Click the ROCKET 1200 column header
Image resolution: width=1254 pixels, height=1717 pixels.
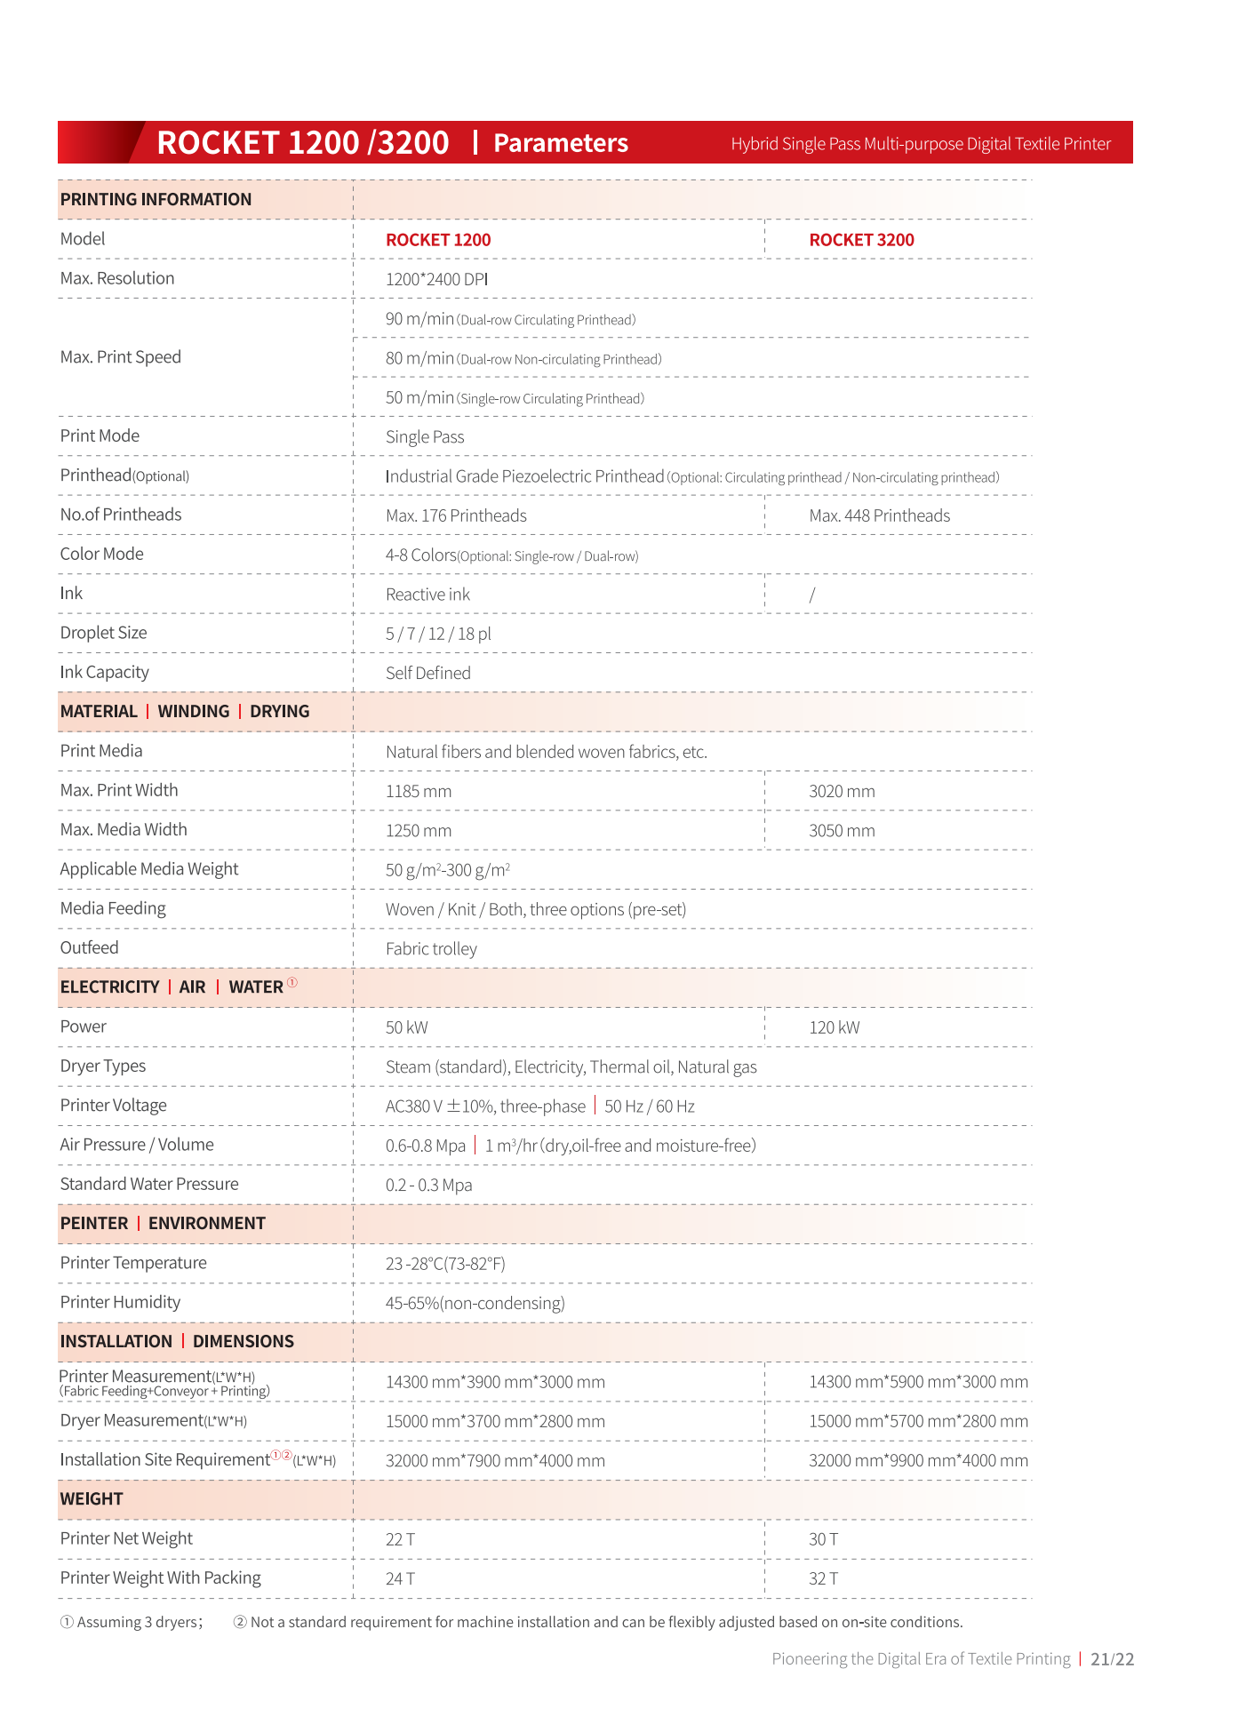438,240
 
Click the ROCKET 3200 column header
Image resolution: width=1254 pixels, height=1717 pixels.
861,240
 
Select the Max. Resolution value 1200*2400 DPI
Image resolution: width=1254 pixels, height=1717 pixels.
436,279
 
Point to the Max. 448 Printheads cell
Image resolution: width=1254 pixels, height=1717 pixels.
879,515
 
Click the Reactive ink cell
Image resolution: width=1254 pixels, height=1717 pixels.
427,595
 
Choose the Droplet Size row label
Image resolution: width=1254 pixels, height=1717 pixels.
103,633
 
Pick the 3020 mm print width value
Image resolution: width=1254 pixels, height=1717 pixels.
842,791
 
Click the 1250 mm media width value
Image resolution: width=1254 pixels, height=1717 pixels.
419,830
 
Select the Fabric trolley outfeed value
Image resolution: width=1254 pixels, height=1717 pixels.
431,948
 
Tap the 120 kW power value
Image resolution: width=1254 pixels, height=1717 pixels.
834,1027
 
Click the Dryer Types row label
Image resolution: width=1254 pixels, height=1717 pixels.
102,1066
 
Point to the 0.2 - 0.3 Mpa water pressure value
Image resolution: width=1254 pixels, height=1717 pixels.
428,1185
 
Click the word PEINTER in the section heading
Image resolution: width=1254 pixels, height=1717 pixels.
94,1223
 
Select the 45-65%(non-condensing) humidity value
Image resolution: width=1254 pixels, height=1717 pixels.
475,1303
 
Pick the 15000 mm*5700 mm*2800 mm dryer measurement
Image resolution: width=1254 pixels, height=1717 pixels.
918,1421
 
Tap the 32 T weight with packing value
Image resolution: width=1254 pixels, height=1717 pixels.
823,1578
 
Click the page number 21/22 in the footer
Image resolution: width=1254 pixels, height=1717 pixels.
1113,1658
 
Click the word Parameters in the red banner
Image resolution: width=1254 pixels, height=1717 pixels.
561,143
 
